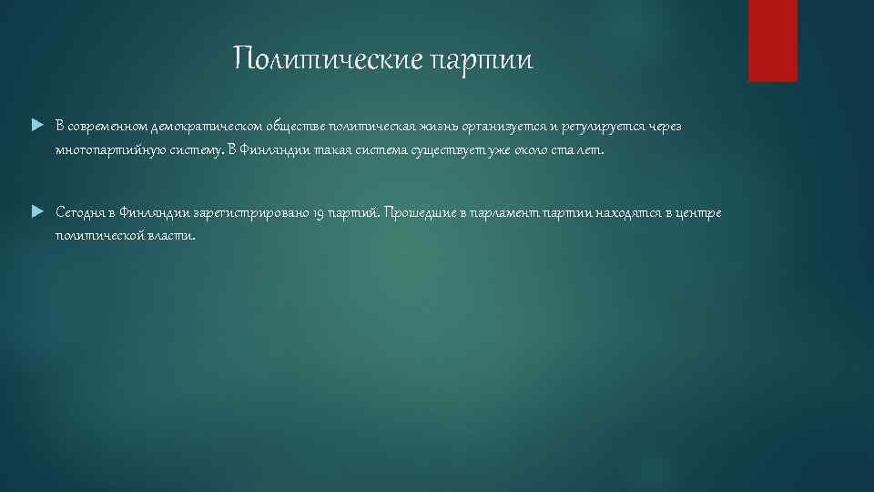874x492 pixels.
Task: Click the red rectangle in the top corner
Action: (x=772, y=40)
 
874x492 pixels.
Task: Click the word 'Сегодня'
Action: (x=81, y=213)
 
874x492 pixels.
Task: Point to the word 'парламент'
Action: (x=505, y=213)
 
